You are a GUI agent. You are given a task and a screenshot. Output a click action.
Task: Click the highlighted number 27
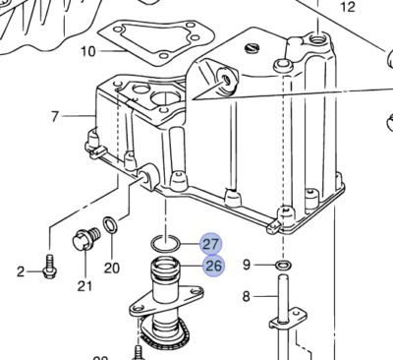coord(211,245)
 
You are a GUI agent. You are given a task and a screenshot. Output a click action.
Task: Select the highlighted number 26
coord(211,266)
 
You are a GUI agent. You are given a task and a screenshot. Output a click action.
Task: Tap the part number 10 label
coord(88,50)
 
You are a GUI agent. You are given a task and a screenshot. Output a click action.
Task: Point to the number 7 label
coord(56,118)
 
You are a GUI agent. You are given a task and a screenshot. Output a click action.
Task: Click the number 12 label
coord(346,7)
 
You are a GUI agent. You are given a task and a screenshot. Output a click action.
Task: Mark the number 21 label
coord(84,286)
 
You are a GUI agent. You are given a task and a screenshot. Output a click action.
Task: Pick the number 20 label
coord(111,267)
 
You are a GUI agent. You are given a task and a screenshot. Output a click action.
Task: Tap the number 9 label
coord(247,264)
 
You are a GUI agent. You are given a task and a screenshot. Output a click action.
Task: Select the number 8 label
coord(247,295)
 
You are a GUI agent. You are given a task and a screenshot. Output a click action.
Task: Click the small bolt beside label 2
coord(47,266)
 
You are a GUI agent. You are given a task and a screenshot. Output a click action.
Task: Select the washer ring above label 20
coord(113,229)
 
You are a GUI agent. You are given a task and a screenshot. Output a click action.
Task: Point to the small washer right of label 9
coord(282,265)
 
